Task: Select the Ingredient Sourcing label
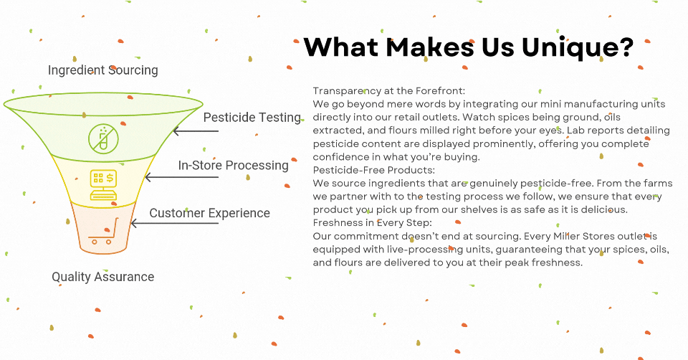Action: pyautogui.click(x=102, y=70)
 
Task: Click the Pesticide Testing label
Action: pyautogui.click(x=252, y=118)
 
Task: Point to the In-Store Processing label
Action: pyautogui.click(x=233, y=166)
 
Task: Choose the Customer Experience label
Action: pyautogui.click(x=209, y=214)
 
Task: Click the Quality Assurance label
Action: pyautogui.click(x=102, y=277)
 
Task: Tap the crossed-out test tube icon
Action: pyautogui.click(x=103, y=139)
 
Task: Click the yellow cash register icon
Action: pyautogui.click(x=103, y=185)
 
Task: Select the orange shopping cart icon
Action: pyautogui.click(x=104, y=231)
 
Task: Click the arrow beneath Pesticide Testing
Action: pyautogui.click(x=196, y=131)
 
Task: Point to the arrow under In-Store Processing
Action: pyautogui.click(x=181, y=177)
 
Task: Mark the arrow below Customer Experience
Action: pyautogui.click(x=175, y=224)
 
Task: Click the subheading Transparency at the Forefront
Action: pyautogui.click(x=388, y=91)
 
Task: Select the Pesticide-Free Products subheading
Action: pyautogui.click(x=374, y=171)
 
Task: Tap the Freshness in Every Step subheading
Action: pyautogui.click(x=372, y=223)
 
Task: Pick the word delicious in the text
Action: pyautogui.click(x=604, y=210)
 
